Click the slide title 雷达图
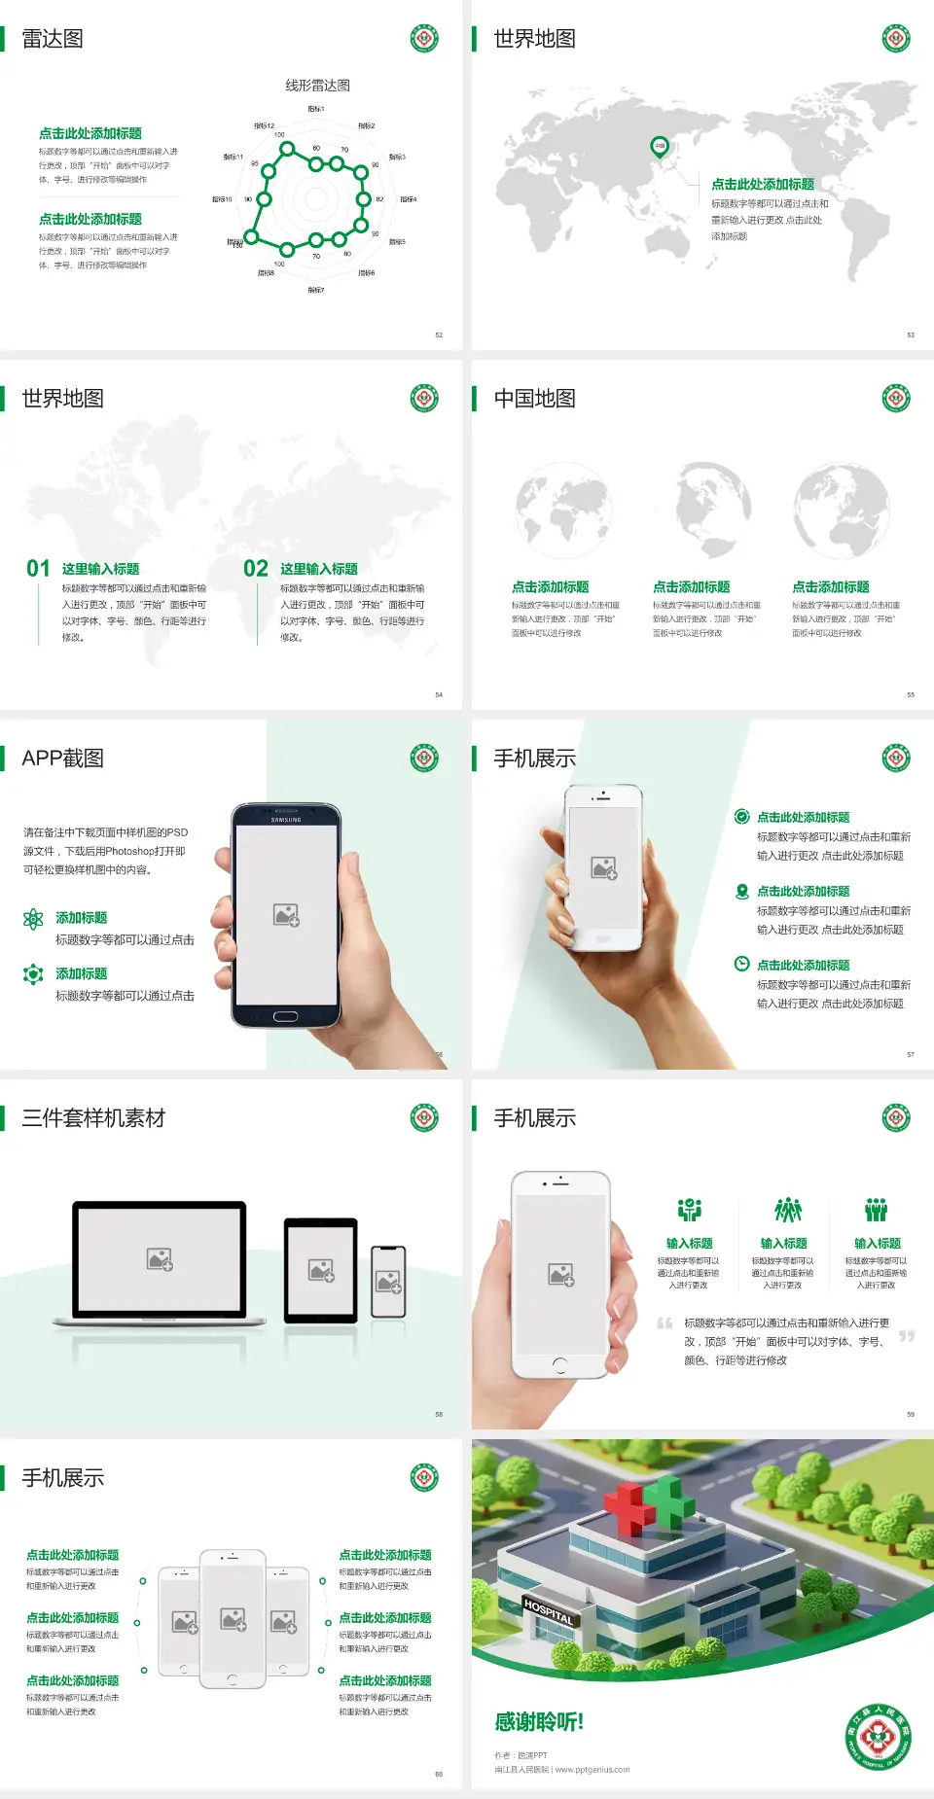[53, 39]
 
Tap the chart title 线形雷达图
[317, 86]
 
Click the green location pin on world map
[659, 147]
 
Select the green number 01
[38, 569]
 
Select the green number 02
[256, 569]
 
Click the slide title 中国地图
[534, 399]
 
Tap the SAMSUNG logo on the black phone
[286, 820]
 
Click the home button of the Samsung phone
[285, 1016]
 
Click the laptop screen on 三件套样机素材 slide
[160, 1259]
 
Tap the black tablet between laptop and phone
[321, 1269]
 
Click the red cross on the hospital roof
[629, 1508]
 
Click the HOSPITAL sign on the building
[549, 1611]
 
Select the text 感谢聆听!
[539, 1722]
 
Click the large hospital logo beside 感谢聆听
[878, 1736]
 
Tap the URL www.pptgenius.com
[593, 1770]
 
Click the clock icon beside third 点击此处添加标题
[741, 964]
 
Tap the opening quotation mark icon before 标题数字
[665, 1323]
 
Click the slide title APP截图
[62, 758]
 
